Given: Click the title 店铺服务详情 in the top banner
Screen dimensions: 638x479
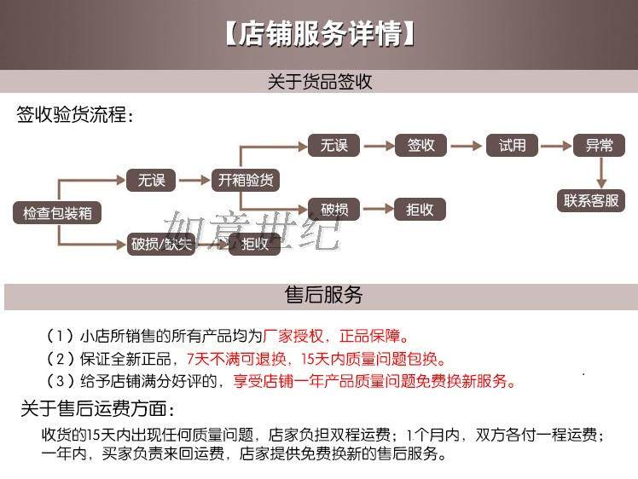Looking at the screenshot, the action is tap(320, 35).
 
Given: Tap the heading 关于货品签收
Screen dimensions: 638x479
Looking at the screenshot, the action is tap(320, 82).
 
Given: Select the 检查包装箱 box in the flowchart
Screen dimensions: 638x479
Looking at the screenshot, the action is tap(56, 213).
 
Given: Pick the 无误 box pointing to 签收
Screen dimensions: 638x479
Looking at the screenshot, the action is tap(334, 146).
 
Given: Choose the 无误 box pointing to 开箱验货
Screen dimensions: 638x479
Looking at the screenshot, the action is tap(151, 180).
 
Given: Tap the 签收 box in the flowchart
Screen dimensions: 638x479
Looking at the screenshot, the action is tap(420, 146).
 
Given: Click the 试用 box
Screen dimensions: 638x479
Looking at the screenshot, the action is tap(512, 146).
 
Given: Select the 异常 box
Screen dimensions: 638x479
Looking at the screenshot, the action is tap(599, 146).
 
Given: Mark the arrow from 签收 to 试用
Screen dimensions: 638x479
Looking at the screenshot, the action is tap(466, 146).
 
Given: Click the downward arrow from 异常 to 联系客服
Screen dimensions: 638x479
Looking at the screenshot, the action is tap(600, 173).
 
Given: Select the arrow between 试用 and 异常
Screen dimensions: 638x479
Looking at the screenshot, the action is tap(556, 146).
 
